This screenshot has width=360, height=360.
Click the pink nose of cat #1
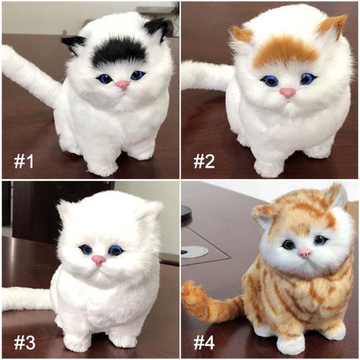tap(122, 85)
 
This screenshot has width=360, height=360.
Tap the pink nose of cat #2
tap(287, 93)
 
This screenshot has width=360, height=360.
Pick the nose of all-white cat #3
tap(98, 260)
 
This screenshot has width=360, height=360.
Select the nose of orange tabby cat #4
tap(304, 253)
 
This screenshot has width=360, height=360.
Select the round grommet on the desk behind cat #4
tap(194, 251)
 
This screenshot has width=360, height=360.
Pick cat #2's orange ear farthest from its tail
tap(332, 26)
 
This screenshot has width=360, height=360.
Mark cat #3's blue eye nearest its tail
tap(85, 250)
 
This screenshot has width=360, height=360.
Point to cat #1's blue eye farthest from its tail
tap(137, 76)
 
